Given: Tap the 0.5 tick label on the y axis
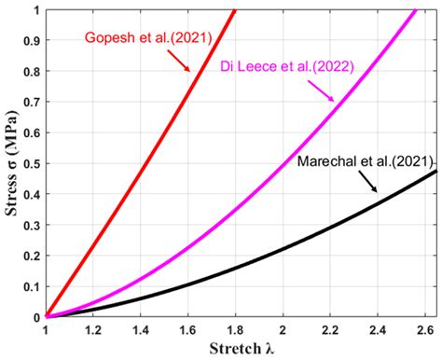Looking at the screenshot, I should tap(30, 164).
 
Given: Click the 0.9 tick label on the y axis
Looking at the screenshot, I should tap(30, 41).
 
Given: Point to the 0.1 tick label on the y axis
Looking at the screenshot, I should tap(30, 286).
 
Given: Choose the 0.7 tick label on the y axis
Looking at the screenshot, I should tap(30, 103).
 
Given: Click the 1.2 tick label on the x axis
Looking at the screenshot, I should tap(93, 330).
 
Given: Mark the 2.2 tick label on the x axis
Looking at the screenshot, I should tap(330, 330).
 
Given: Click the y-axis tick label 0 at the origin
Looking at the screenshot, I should tap(35, 317).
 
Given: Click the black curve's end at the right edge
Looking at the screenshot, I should tap(435, 172).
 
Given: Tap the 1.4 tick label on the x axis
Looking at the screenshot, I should tap(141, 330).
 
